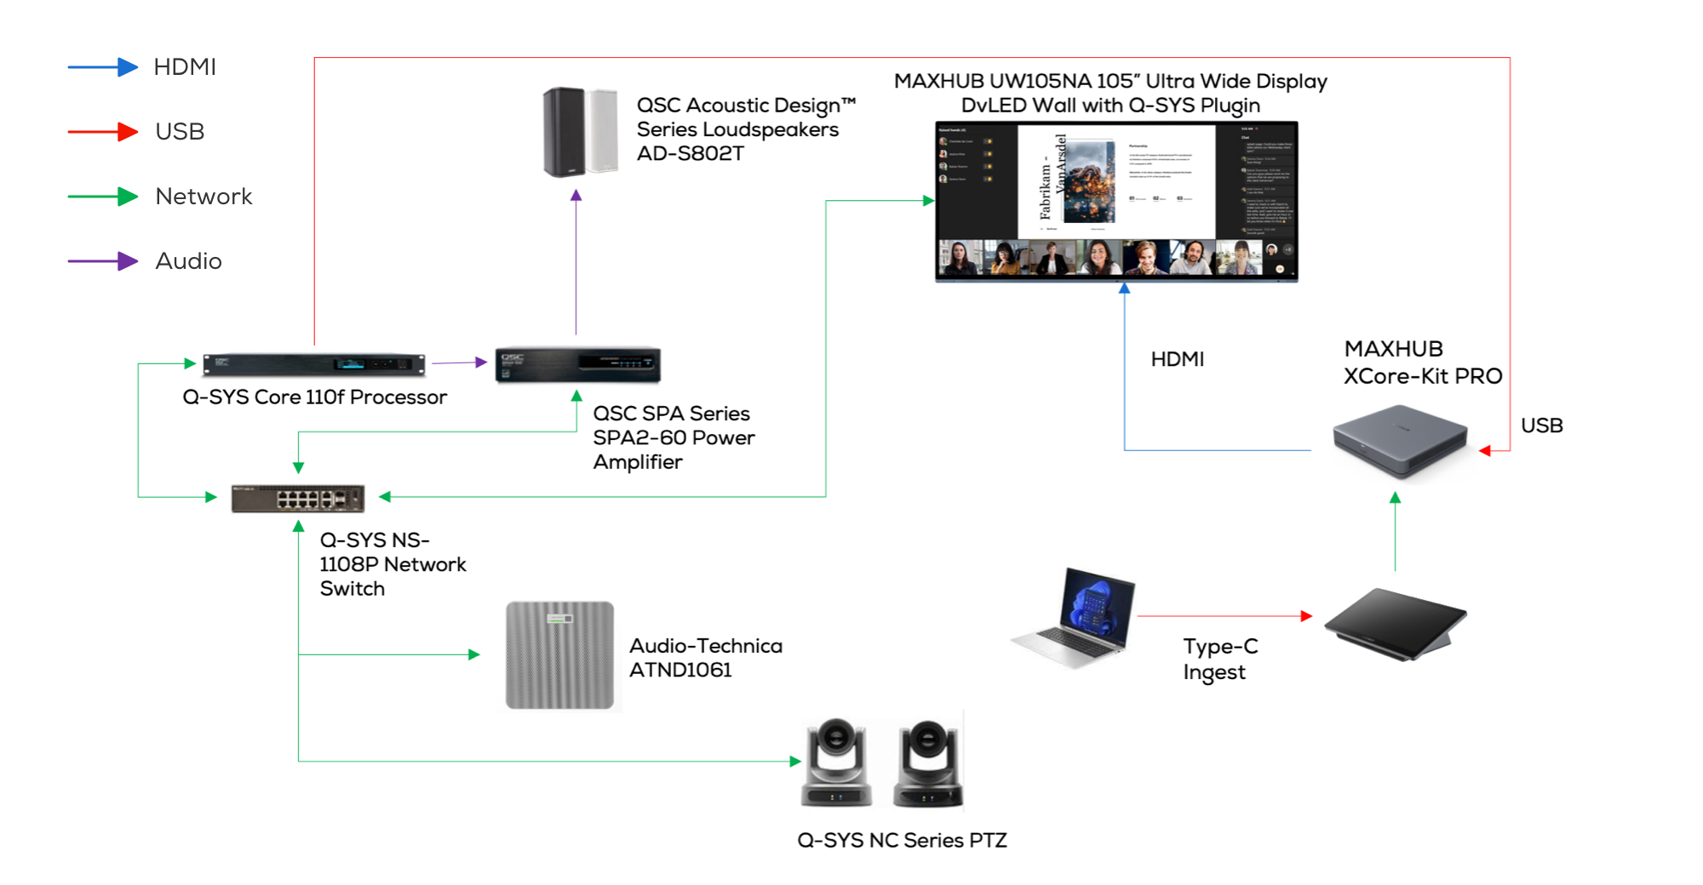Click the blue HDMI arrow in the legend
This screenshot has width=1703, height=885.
pyautogui.click(x=102, y=67)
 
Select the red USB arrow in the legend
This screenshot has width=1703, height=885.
pyautogui.click(x=102, y=132)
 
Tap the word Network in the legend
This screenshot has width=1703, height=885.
pyautogui.click(x=204, y=197)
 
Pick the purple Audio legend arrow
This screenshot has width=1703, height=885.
pyautogui.click(x=102, y=261)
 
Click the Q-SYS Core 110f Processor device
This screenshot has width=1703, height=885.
pyautogui.click(x=313, y=364)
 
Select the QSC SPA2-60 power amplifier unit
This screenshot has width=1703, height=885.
pyautogui.click(x=577, y=364)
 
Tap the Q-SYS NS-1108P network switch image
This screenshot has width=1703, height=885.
pyautogui.click(x=298, y=498)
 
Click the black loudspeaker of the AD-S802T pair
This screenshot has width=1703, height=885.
pyautogui.click(x=563, y=132)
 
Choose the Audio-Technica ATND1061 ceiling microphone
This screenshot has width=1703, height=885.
pyautogui.click(x=559, y=655)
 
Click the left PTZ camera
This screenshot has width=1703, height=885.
pyautogui.click(x=836, y=762)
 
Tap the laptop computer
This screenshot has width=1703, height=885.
pyautogui.click(x=1075, y=619)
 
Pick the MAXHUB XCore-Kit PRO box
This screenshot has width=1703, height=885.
pyautogui.click(x=1400, y=441)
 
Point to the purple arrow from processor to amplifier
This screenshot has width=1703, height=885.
pyautogui.click(x=459, y=363)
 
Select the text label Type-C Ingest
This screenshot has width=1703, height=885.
pyautogui.click(x=1219, y=659)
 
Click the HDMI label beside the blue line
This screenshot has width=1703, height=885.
pyautogui.click(x=1177, y=359)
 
